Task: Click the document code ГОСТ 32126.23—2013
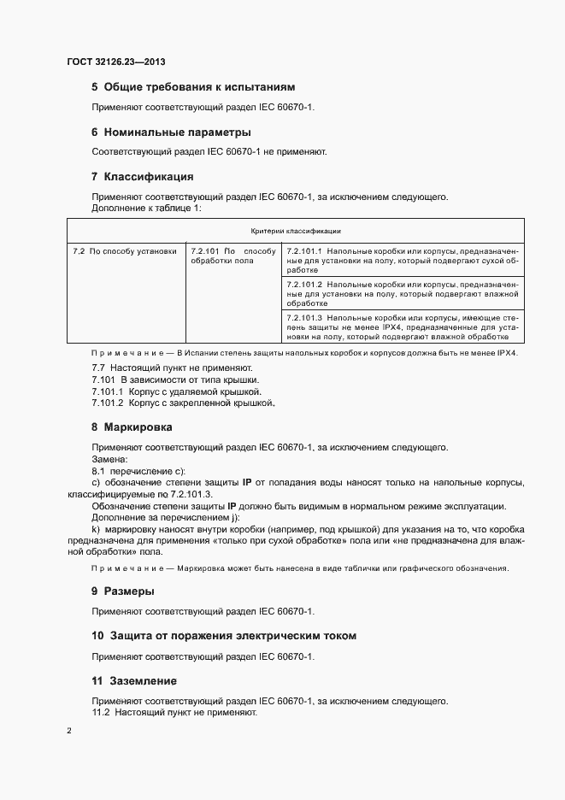tap(115, 62)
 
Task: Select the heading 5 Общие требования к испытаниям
tap(193, 87)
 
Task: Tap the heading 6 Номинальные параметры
tap(171, 132)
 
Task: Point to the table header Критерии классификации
tap(296, 231)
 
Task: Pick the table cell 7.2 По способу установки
tap(125, 251)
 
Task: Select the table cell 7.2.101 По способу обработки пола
tap(233, 256)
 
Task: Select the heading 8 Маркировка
tap(132, 426)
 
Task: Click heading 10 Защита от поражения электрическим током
tap(223, 636)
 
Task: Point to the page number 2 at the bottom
tap(68, 732)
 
